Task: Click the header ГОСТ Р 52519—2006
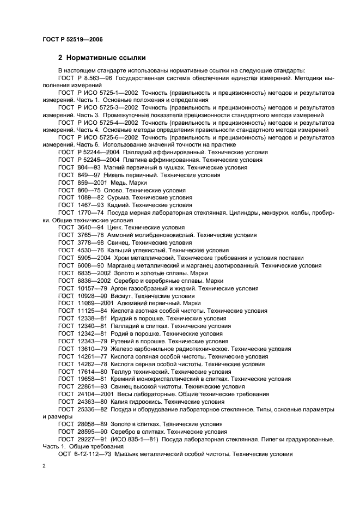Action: coord(72,40)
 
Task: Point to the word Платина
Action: coord(123,160)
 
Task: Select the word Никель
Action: coord(112,175)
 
